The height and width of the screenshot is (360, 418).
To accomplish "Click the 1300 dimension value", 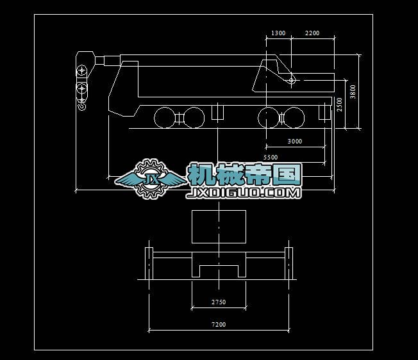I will (x=278, y=33).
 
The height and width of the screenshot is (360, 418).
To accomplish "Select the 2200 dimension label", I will (x=312, y=33).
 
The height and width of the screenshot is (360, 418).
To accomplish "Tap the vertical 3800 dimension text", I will (x=353, y=92).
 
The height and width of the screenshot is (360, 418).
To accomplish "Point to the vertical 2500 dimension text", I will (x=340, y=104).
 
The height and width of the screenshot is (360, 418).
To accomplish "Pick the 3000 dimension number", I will (x=295, y=141).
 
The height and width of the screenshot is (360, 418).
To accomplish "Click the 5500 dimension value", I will (x=271, y=157).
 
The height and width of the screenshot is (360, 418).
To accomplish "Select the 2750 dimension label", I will (x=219, y=302).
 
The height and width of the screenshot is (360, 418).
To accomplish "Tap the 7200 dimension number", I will (x=219, y=325).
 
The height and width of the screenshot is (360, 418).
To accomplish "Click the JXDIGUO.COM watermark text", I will (x=244, y=192).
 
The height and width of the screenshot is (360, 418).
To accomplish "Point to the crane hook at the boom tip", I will (x=81, y=103).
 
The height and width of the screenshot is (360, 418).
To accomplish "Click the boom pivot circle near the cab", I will (x=292, y=81).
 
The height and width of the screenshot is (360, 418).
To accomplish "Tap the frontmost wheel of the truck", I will (x=294, y=118).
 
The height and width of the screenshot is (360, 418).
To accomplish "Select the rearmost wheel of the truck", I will (x=165, y=118).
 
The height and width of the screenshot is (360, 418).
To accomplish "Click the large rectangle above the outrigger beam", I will (x=219, y=227).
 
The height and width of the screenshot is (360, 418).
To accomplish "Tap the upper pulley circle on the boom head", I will (x=81, y=69).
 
